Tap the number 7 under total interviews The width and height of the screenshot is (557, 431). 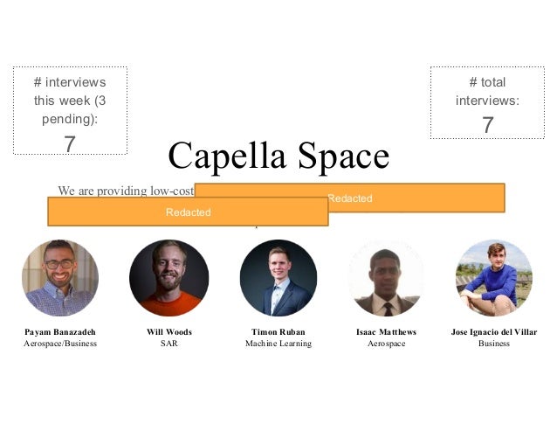487,126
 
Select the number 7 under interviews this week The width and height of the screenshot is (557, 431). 70,143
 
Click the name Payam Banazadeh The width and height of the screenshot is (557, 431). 59,332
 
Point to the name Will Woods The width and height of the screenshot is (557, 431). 169,332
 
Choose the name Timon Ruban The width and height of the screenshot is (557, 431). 278,332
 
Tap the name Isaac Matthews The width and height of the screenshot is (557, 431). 386,332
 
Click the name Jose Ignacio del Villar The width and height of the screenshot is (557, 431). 494,332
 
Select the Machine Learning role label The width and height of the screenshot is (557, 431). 278,344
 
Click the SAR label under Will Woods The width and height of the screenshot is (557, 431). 169,344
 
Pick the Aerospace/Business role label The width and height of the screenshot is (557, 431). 59,344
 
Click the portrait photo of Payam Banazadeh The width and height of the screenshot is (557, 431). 59,278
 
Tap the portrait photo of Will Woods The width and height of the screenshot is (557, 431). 169,278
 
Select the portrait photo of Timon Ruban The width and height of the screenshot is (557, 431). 278,278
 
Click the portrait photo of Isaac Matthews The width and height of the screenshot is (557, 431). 386,278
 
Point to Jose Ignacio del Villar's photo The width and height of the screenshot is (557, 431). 494,278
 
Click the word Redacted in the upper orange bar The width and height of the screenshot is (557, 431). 349,198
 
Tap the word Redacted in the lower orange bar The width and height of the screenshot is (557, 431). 188,212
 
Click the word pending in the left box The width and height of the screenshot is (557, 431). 64,117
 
